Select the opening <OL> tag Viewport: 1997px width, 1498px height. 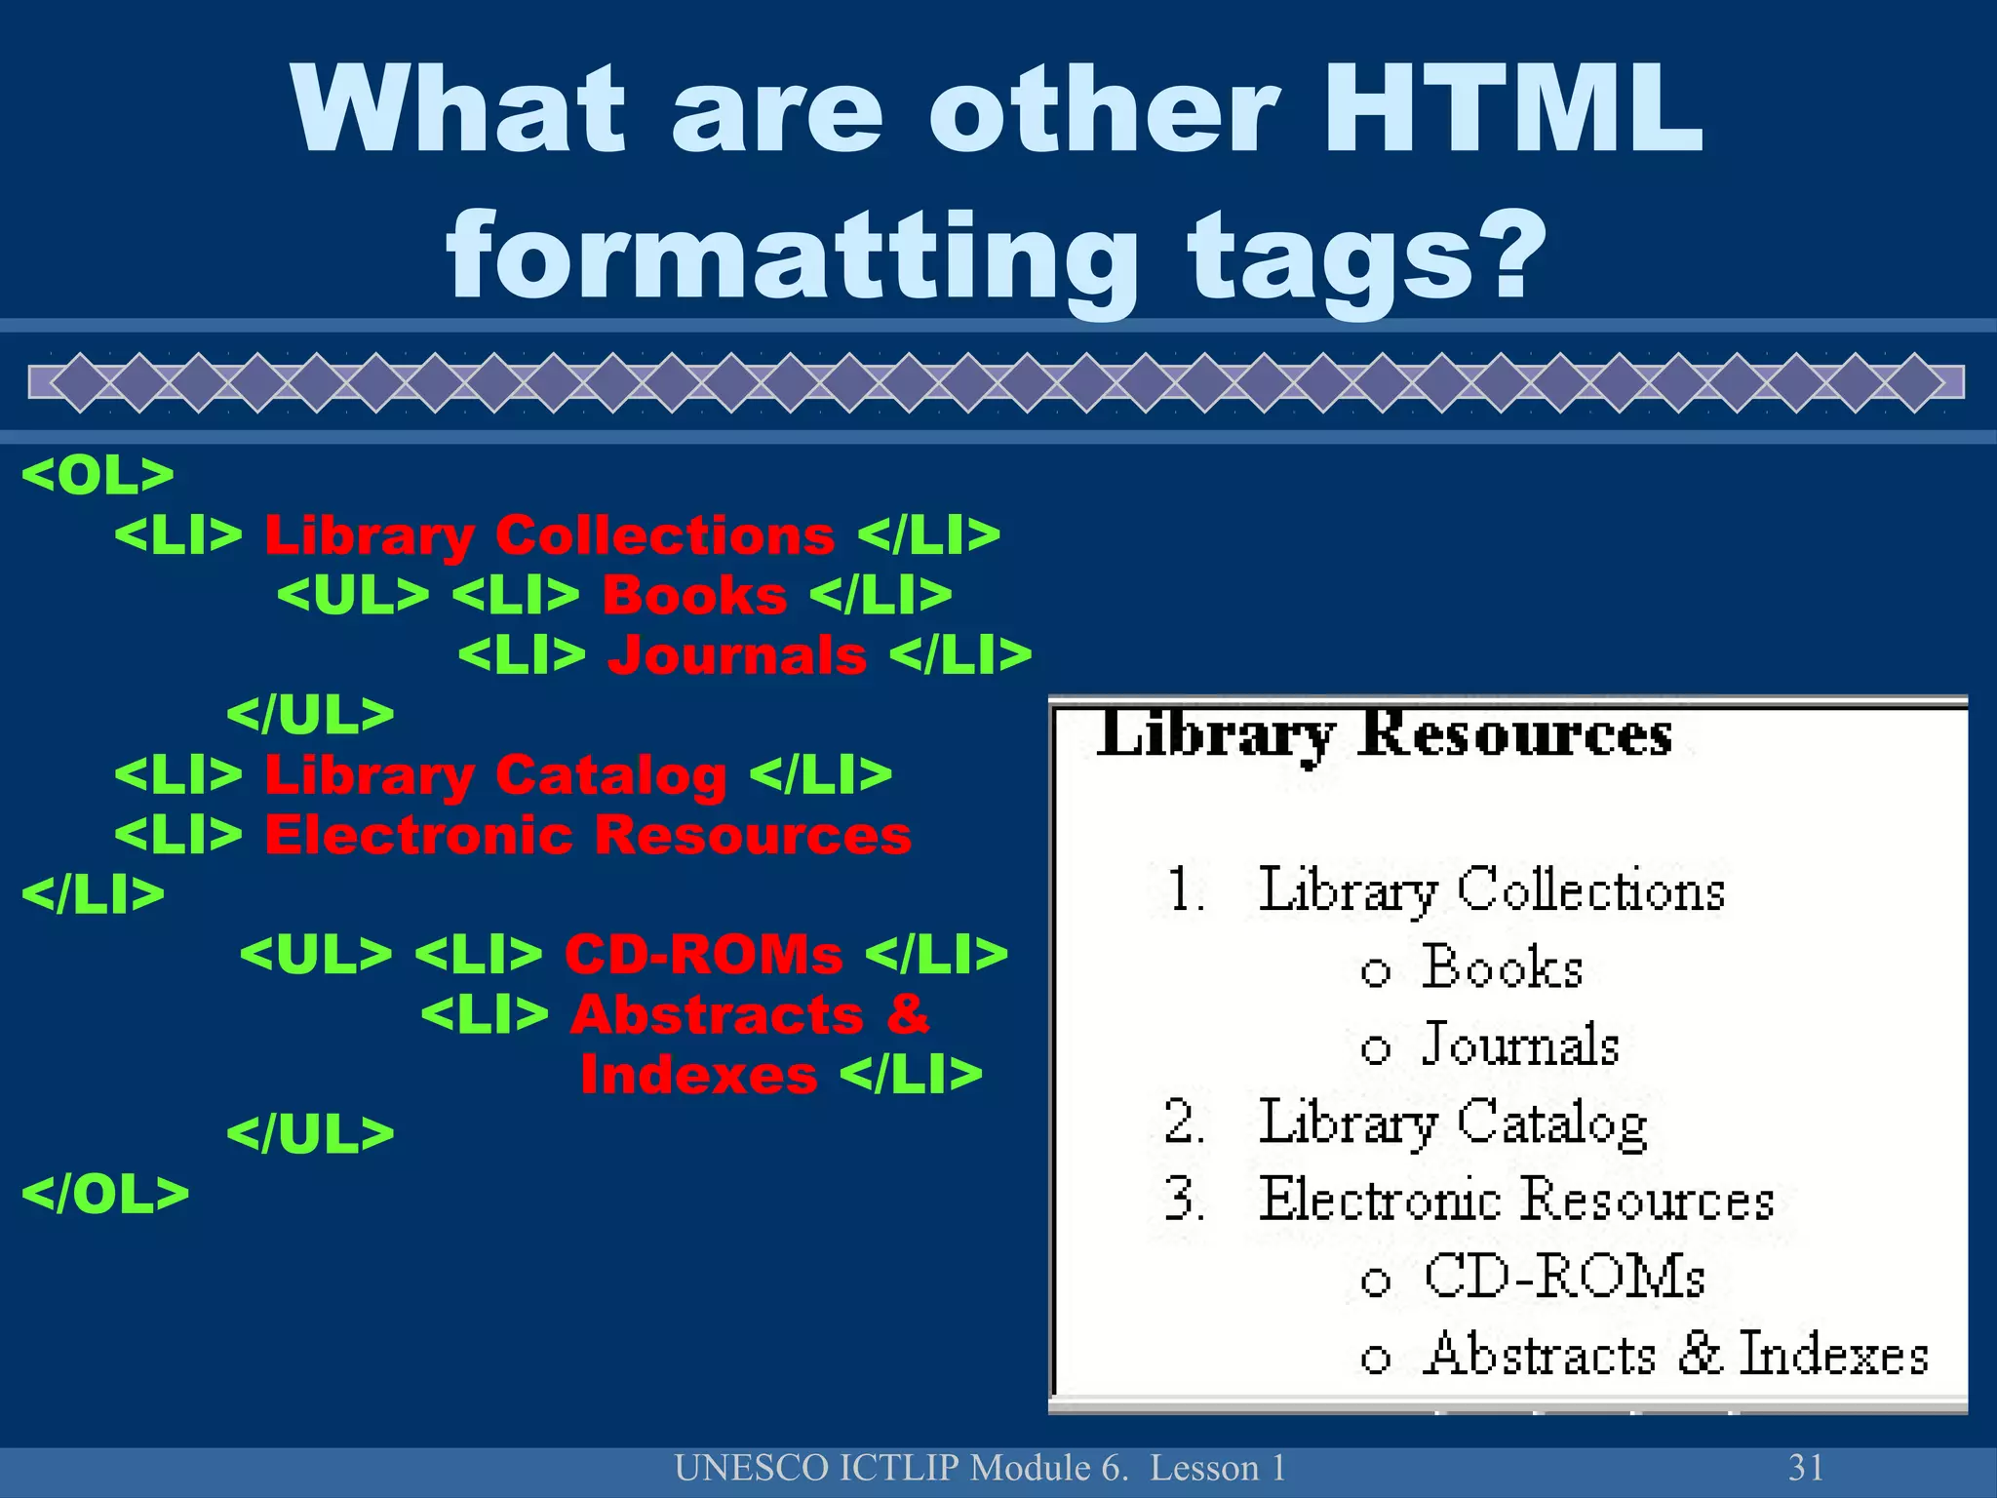tap(98, 475)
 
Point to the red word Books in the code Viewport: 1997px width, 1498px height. tap(694, 595)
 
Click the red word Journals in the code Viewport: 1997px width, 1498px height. tap(737, 654)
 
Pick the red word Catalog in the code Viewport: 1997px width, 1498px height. tap(611, 776)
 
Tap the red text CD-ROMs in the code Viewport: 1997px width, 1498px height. tap(703, 954)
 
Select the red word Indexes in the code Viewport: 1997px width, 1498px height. tap(698, 1075)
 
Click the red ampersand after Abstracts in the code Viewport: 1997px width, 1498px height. tap(908, 1014)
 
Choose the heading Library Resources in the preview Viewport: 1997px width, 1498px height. tap(1384, 734)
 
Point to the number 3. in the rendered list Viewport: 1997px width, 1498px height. tap(1184, 1199)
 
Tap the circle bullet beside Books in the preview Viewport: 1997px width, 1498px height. tap(1375, 971)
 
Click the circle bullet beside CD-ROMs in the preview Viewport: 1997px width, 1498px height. tap(1375, 1281)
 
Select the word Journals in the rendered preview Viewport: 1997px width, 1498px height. tap(1520, 1045)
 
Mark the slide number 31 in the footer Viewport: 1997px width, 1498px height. tap(1806, 1468)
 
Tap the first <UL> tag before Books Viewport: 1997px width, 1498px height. tap(353, 595)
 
